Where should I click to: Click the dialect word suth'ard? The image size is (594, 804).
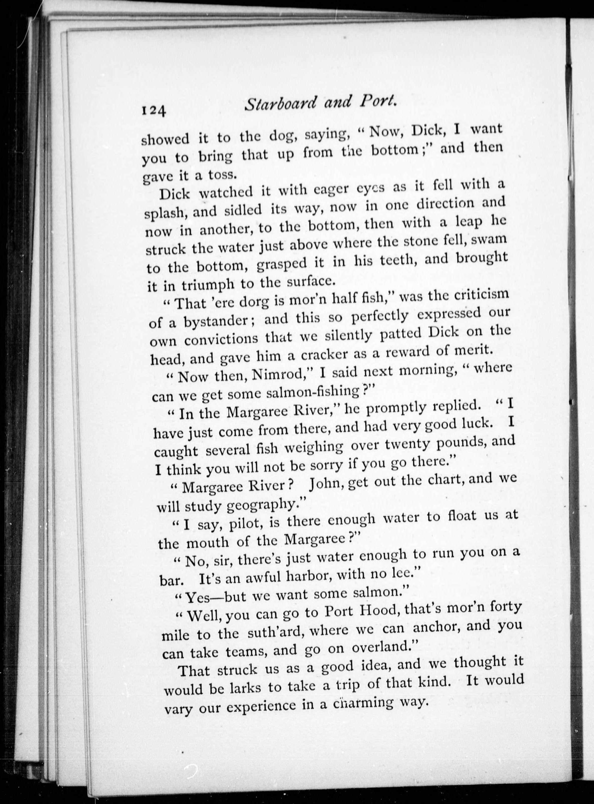tap(272, 632)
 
